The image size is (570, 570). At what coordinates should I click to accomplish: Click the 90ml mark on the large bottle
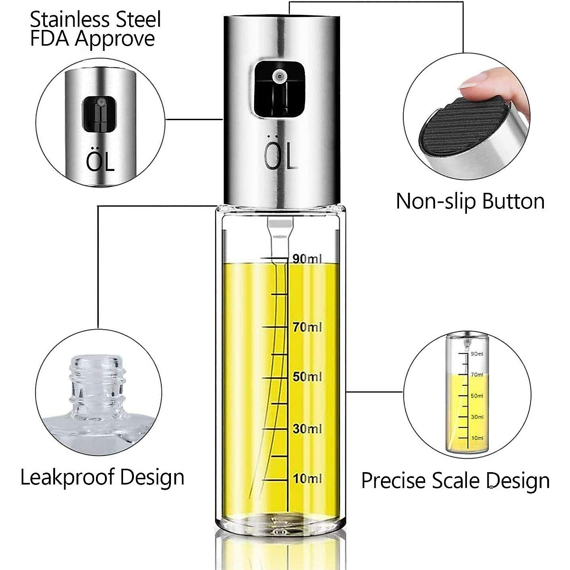[307, 259]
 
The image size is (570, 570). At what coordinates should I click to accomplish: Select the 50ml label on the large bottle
[307, 377]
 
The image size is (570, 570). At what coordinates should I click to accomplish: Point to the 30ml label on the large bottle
[307, 428]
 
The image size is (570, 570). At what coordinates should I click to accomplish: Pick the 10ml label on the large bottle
[307, 478]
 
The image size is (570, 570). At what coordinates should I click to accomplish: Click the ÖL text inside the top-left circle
[100, 161]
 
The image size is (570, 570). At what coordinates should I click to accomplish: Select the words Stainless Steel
[95, 20]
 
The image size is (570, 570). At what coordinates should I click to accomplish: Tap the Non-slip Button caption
[470, 201]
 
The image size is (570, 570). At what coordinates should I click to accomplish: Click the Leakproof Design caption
[102, 476]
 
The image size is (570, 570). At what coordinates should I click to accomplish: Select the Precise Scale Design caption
[455, 480]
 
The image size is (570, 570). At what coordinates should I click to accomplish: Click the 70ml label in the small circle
[477, 375]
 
